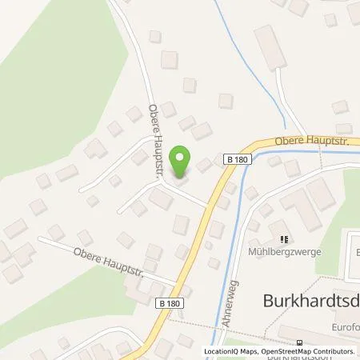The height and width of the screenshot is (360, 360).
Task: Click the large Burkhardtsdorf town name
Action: click(x=311, y=300)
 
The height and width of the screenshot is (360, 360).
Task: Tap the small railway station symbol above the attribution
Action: click(x=298, y=343)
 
